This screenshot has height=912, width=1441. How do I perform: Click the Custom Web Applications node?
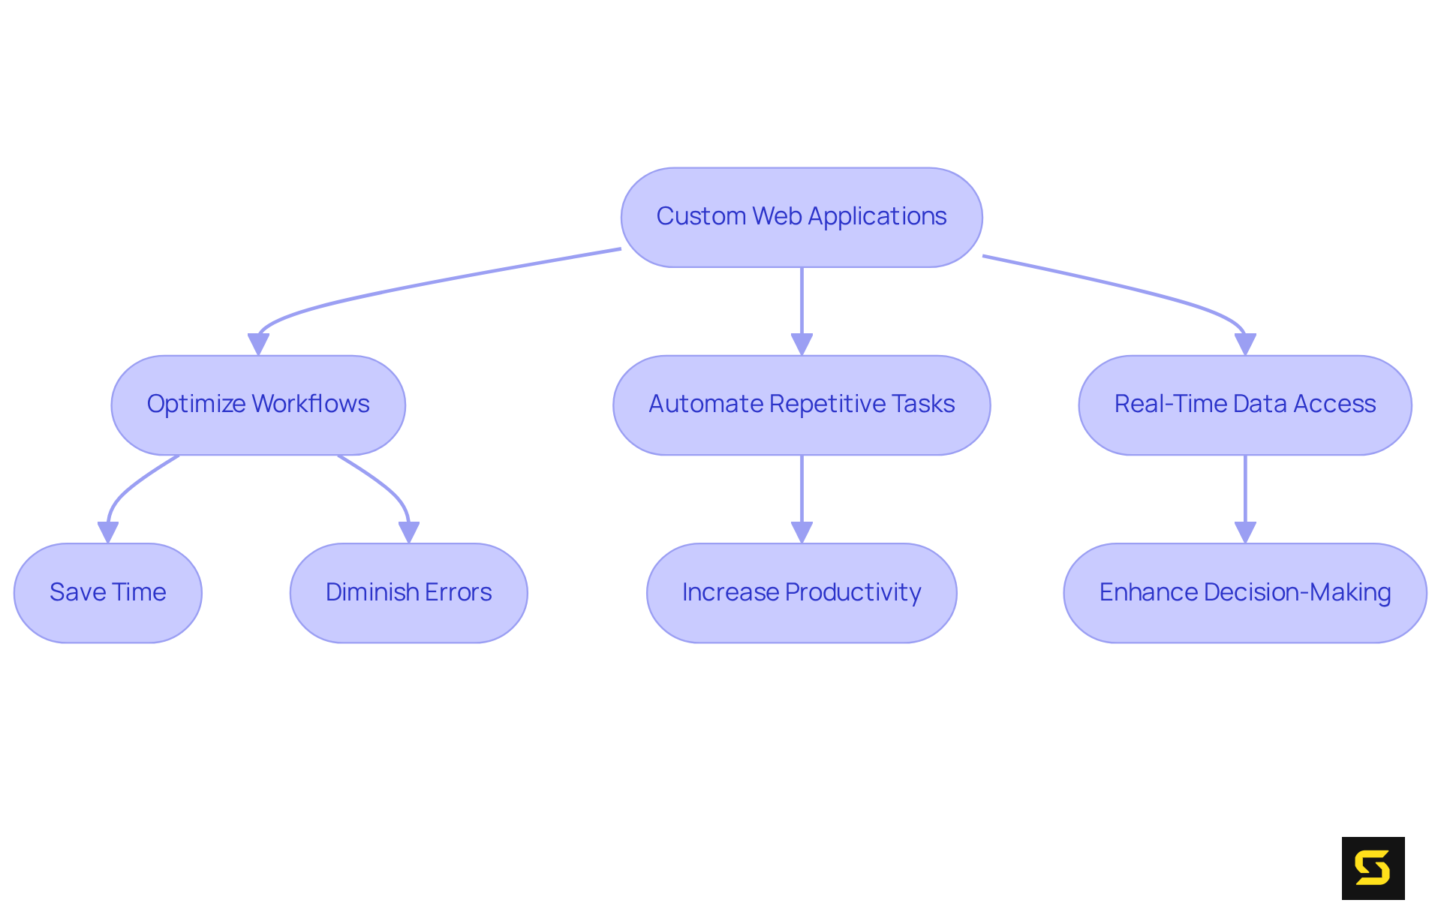pos(802,217)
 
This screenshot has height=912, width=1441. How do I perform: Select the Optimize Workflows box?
pos(258,405)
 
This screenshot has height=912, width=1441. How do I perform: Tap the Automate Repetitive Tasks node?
pos(802,405)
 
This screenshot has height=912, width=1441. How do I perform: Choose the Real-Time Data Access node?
pos(1244,405)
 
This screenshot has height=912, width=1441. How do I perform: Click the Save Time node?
pos(108,592)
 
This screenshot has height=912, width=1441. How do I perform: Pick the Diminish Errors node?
pos(408,592)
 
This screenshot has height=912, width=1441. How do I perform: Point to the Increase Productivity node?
pos(802,592)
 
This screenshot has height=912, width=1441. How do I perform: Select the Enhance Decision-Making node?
pos(1244,592)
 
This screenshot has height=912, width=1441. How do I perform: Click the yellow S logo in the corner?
pos(1373,868)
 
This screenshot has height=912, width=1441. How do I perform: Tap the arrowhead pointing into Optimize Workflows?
pos(258,345)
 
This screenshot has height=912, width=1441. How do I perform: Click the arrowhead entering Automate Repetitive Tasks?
pos(802,345)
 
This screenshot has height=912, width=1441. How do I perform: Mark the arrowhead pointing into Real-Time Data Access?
pos(1245,345)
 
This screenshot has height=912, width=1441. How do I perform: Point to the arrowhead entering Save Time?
pos(108,532)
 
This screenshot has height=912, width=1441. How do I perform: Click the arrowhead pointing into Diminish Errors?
pos(408,532)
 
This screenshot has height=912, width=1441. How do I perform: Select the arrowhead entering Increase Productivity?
pos(802,532)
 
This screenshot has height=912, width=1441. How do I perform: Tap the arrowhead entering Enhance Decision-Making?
pos(1245,532)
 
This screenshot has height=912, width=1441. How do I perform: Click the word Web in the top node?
pos(777,216)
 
